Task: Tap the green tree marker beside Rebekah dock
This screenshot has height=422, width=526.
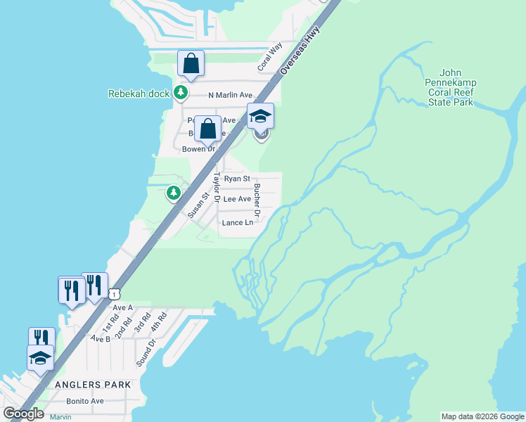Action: pos(181,93)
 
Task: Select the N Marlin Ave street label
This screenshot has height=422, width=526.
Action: pos(230,95)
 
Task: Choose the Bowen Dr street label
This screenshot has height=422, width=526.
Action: pos(198,149)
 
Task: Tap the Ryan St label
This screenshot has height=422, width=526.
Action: pos(237,179)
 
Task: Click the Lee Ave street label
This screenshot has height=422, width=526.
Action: pos(237,199)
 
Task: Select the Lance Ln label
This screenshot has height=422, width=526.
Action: pos(237,223)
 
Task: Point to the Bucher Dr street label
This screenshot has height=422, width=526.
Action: pos(257,200)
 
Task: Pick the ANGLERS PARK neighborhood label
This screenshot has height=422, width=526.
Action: pos(92,385)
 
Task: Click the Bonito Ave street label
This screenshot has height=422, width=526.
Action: pos(85,401)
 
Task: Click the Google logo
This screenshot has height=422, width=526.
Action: pos(23,413)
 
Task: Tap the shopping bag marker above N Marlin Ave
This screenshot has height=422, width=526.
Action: pos(191,64)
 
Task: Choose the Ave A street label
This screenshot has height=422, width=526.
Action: pos(122,308)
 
